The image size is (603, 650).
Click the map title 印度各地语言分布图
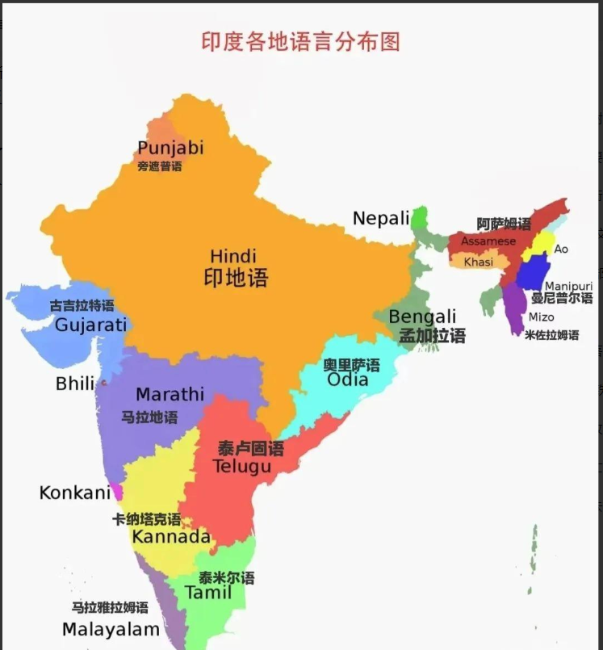300,41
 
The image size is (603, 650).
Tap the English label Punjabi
170,148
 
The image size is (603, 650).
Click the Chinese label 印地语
235,279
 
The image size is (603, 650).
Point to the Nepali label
381,218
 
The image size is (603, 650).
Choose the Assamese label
488,241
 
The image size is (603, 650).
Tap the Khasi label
478,262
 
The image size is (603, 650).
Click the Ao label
561,249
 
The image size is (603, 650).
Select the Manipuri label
568,286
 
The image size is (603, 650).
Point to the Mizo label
541,317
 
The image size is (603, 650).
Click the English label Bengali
422,317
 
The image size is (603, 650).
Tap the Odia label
348,380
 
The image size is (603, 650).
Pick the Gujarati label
91,325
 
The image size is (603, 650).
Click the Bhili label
75,384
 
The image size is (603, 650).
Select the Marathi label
170,395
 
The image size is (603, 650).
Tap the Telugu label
242,467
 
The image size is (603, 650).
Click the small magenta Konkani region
118,492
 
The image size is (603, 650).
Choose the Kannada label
171,537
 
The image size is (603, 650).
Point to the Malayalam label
111,629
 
